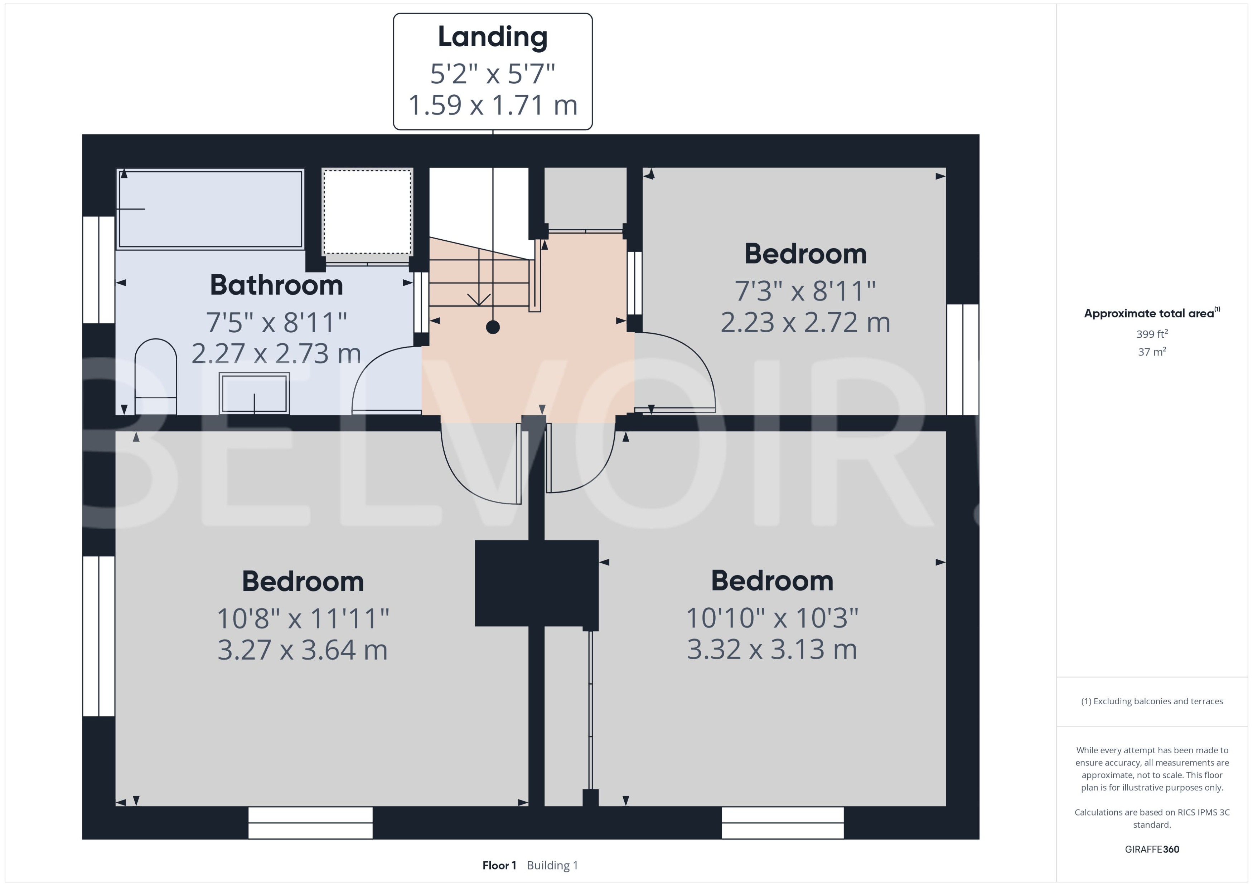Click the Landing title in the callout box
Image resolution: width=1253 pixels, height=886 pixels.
pyautogui.click(x=493, y=37)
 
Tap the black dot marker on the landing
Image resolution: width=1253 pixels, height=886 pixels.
pyautogui.click(x=493, y=327)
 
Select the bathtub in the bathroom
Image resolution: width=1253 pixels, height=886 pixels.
pyautogui.click(x=210, y=209)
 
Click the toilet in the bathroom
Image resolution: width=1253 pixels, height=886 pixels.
pyautogui.click(x=156, y=376)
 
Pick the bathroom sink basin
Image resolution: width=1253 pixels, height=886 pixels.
pyautogui.click(x=255, y=393)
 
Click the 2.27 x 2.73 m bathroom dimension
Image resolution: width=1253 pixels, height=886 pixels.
pyautogui.click(x=276, y=353)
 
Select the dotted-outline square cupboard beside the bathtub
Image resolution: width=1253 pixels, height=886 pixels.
pyautogui.click(x=367, y=212)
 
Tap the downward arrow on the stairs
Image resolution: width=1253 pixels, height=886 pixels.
pyautogui.click(x=479, y=299)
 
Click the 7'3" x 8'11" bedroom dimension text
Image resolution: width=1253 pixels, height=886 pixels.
pyautogui.click(x=805, y=291)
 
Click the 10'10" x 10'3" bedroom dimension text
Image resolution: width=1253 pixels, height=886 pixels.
pyautogui.click(x=771, y=618)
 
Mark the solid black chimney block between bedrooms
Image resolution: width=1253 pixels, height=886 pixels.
pyautogui.click(x=536, y=583)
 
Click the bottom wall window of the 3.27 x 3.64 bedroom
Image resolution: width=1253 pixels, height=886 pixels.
pyautogui.click(x=310, y=823)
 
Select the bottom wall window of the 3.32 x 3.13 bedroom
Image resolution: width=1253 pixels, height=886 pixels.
pyautogui.click(x=782, y=823)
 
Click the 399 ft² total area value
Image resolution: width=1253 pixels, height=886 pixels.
pyautogui.click(x=1151, y=334)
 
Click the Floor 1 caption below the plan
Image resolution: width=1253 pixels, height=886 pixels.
pyautogui.click(x=498, y=865)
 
